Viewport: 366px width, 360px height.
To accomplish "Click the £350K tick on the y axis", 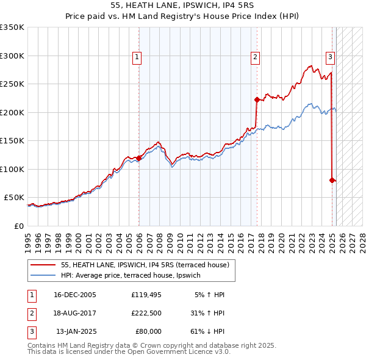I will coord(12,27).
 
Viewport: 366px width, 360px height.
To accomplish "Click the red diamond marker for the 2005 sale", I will coord(139,158).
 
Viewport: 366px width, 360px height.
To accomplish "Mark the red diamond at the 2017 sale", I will coord(257,99).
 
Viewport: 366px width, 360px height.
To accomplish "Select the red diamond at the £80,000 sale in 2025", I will coord(332,180).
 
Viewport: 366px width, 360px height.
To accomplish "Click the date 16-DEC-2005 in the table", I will coord(75,295).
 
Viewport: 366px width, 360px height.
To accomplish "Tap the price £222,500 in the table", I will coord(146,313).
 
